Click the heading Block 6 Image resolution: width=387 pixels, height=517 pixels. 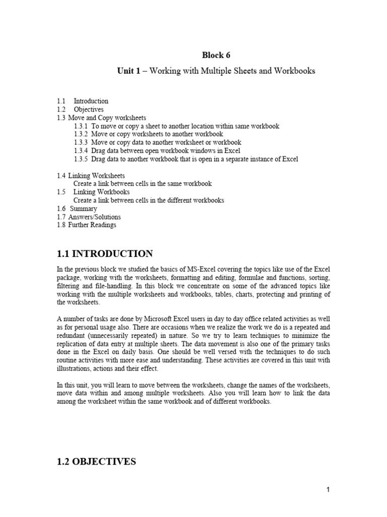click(212, 55)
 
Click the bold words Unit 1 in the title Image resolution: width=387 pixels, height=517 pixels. click(128, 71)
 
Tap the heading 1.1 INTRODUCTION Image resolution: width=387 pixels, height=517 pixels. click(104, 253)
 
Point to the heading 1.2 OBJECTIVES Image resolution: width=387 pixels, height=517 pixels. click(96, 461)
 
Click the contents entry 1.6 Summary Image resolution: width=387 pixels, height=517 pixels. click(77, 209)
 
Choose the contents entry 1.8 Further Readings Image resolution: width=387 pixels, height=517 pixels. click(86, 225)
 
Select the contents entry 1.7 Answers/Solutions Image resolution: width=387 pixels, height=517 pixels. click(89, 217)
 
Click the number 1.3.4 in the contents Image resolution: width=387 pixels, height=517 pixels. click(81, 151)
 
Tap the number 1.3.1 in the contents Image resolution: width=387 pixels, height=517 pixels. click(81, 126)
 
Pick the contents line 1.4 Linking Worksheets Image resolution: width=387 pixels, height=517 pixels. click(91, 176)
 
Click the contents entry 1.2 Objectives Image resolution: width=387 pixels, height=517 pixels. click(80, 110)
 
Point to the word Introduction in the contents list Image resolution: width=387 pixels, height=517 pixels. click(91, 101)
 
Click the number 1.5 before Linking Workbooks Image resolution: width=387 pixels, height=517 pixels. click(61, 192)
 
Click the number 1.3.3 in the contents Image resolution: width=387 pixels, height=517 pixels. click(81, 143)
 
